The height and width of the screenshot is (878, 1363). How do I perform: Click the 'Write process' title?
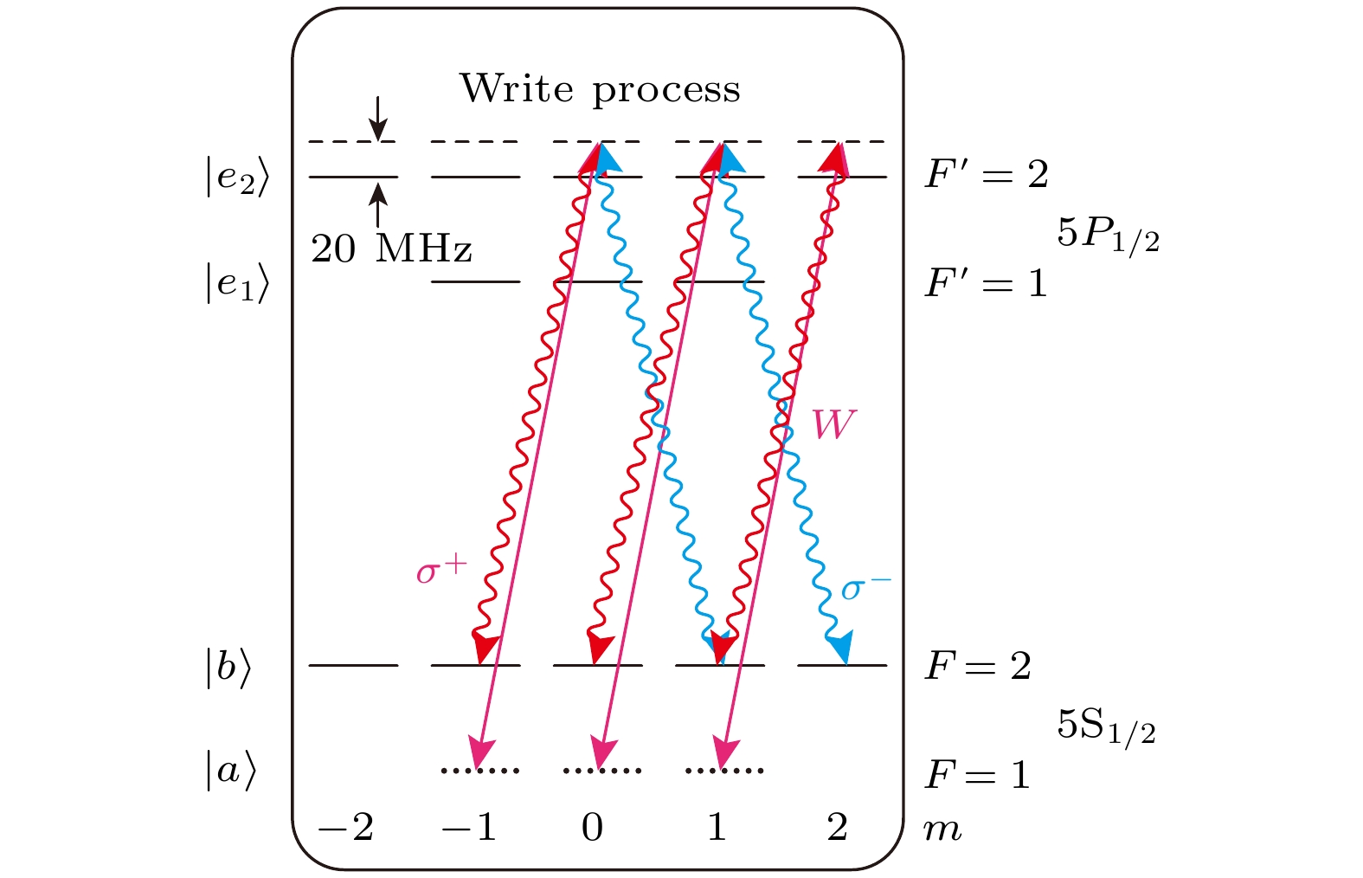pos(600,89)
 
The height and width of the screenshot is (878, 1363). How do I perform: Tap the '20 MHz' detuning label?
pos(391,249)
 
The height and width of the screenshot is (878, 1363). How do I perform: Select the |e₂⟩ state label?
pos(237,177)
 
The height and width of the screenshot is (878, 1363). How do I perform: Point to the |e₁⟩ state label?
pos(237,282)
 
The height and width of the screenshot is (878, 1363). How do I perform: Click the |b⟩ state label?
pos(228,668)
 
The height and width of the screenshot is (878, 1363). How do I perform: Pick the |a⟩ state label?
pos(231,771)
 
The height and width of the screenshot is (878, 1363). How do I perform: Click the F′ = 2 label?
pos(987,174)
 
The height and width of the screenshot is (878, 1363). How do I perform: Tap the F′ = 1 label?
pos(986,283)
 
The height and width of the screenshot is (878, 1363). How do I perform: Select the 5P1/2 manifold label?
pos(1108,237)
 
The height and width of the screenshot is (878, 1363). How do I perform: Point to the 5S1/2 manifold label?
pos(1106,728)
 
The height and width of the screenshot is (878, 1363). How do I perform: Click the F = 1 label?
pos(977,774)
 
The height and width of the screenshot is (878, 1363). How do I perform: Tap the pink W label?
pos(834,423)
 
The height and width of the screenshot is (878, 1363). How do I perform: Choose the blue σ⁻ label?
pos(866,588)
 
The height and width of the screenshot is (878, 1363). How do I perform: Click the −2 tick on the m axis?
pos(345,828)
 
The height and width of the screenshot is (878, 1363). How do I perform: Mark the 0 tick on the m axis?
pos(592,828)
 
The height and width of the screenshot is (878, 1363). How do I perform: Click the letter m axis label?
pos(942,830)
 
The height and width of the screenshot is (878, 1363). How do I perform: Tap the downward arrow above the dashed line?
pos(378,119)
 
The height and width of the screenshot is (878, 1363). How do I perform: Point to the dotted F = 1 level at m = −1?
pos(480,771)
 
